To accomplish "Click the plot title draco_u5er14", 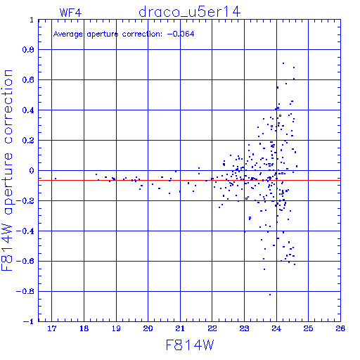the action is point(189,12).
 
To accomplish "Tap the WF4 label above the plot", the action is point(70,13).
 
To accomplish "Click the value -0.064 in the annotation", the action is point(181,34).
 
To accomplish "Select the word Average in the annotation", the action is point(68,34).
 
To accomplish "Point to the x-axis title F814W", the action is point(190,345).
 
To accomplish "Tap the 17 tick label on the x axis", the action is point(52,328).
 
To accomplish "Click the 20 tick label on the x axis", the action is point(148,328).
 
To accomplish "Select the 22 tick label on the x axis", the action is point(212,328).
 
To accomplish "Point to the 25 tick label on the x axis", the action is point(308,328).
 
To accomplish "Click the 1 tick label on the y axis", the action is point(32,20).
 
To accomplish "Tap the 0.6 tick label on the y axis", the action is point(28,80).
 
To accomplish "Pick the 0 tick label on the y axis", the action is point(32,171).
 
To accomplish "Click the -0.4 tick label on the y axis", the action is point(25,231).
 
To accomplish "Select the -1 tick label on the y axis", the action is point(29,321).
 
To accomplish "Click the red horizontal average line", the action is point(189,180).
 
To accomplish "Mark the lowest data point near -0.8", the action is point(270,295).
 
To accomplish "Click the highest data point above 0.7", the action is point(283,63).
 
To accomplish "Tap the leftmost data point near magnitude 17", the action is point(56,179).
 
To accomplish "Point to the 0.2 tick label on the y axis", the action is point(28,141).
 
